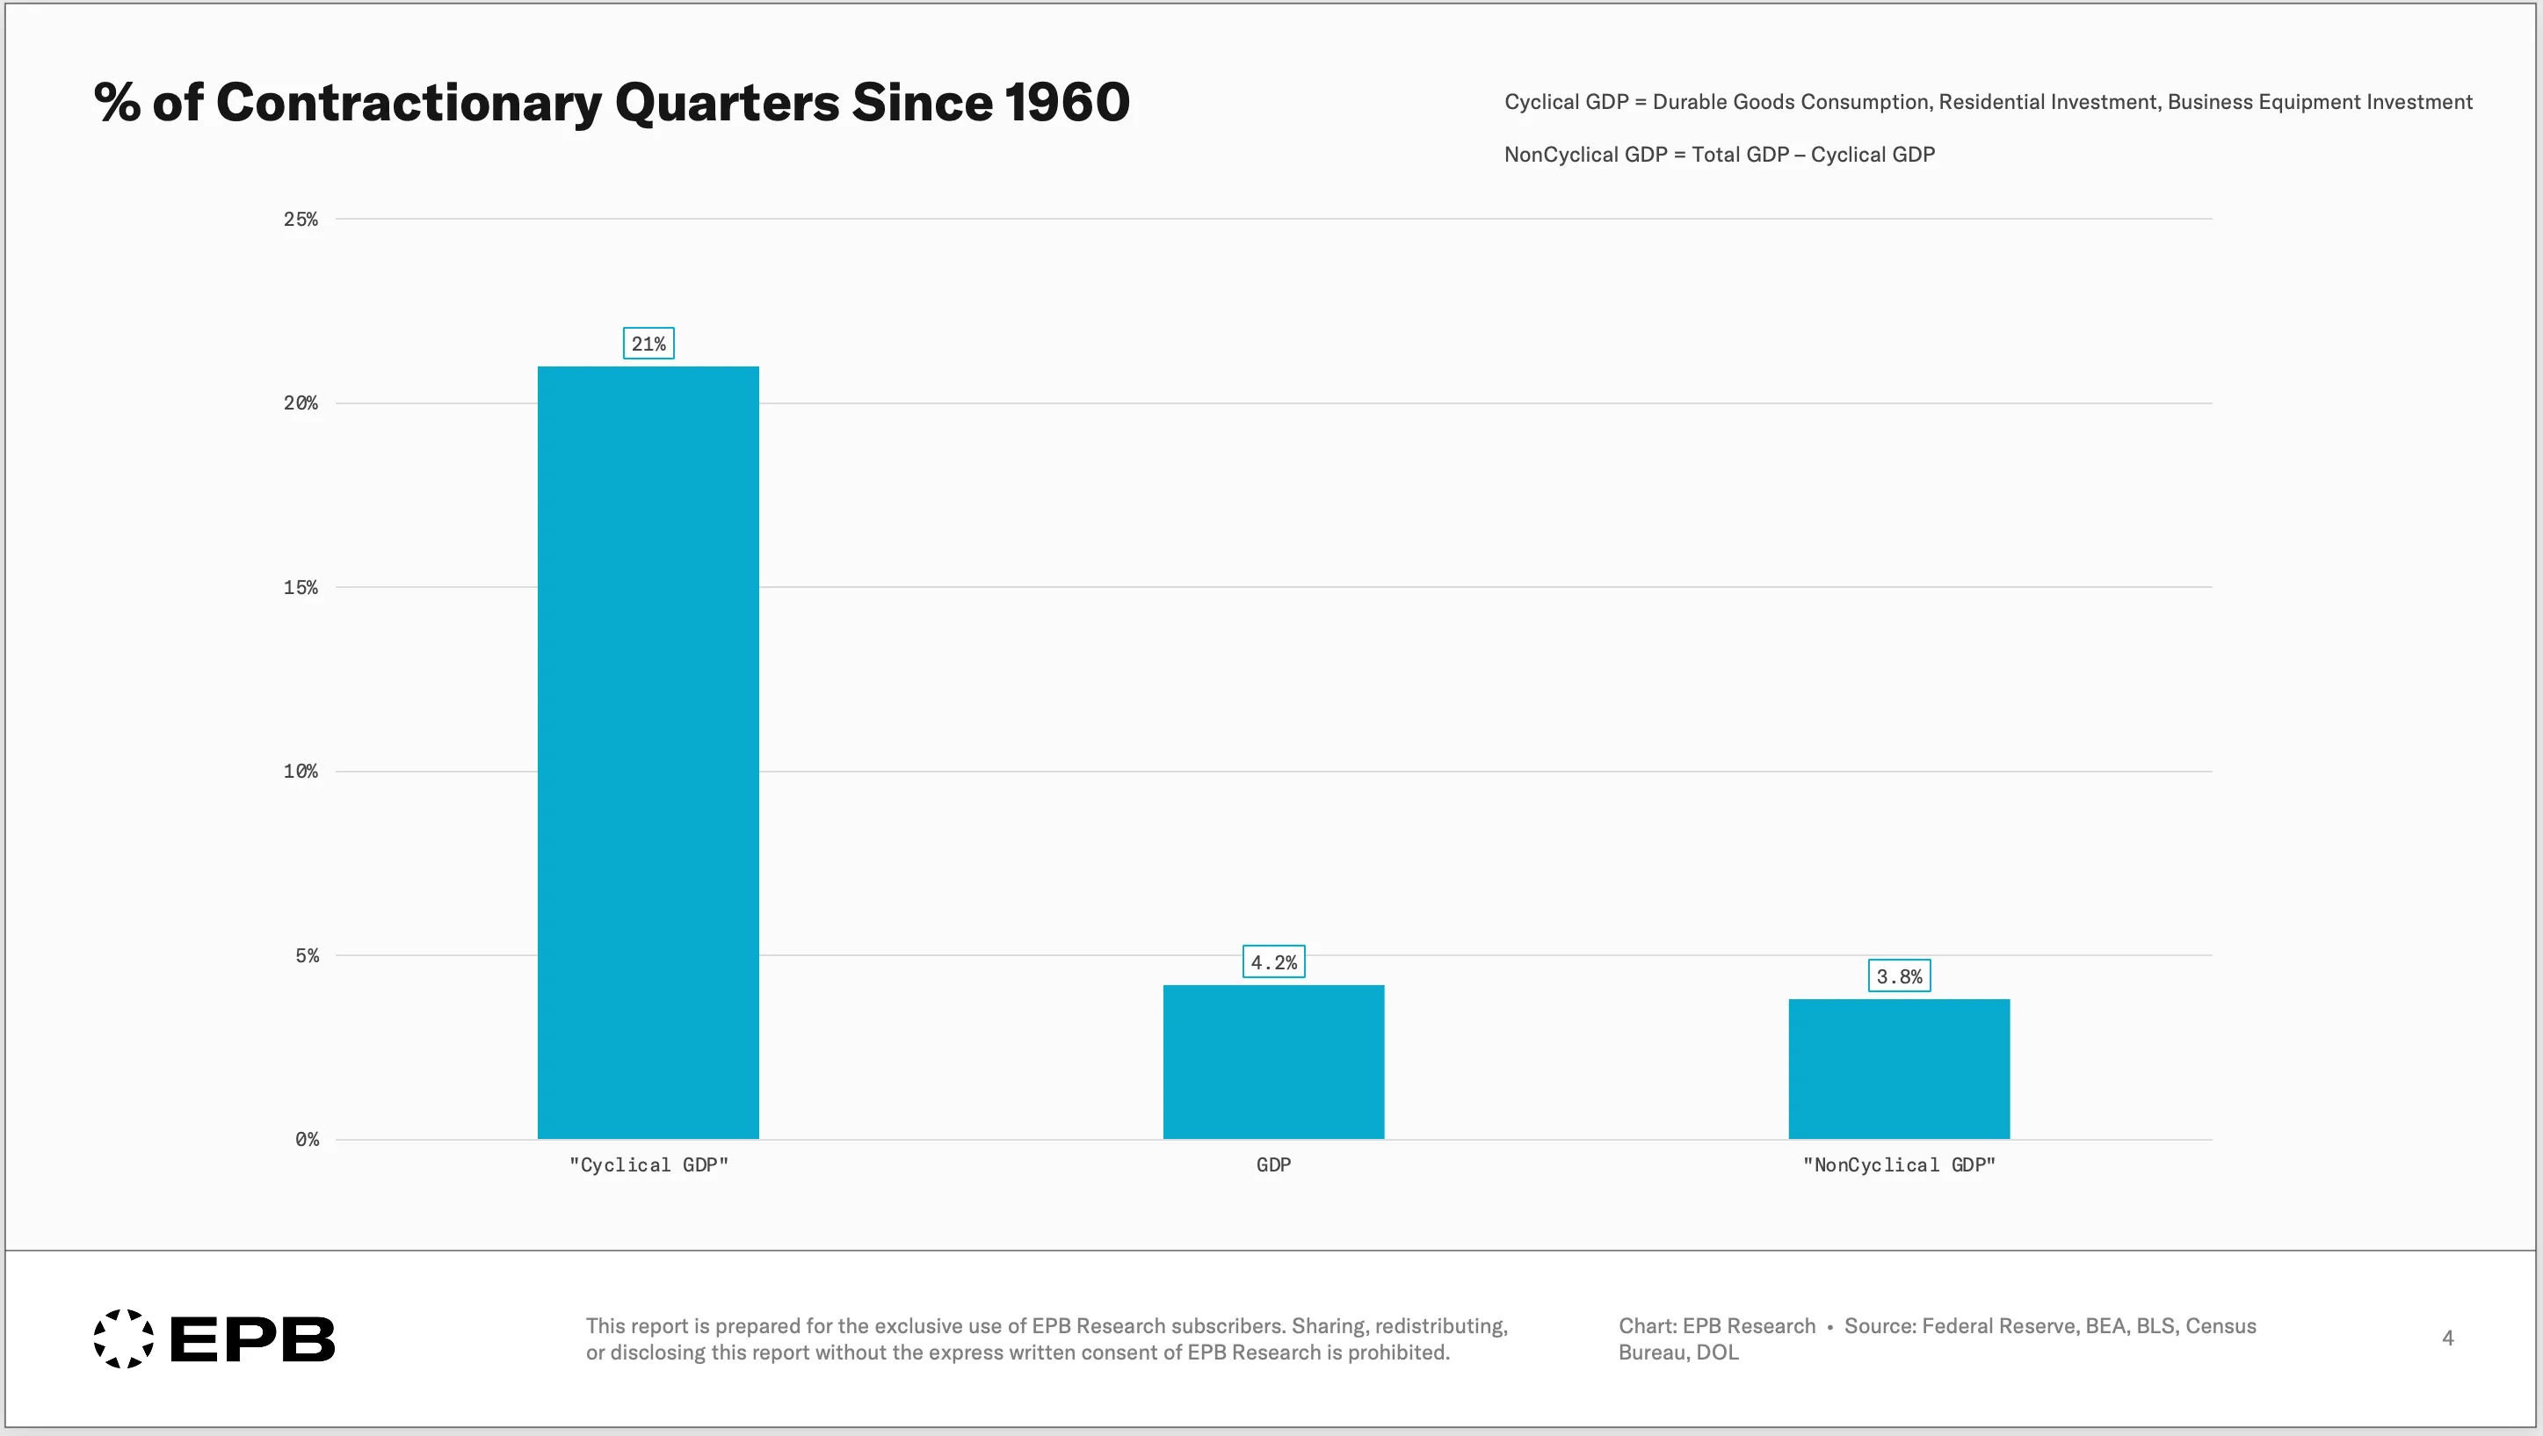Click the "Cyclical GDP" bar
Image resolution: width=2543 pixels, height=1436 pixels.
click(x=648, y=752)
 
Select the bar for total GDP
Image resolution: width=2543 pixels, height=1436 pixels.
click(x=1273, y=1062)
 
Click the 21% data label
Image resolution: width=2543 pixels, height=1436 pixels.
click(x=648, y=344)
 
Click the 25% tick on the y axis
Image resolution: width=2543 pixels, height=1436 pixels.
click(x=301, y=219)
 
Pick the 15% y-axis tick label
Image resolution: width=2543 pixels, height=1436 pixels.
click(x=301, y=588)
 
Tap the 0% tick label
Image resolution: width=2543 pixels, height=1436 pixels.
click(x=307, y=1140)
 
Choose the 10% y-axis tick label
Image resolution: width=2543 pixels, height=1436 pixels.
click(x=301, y=772)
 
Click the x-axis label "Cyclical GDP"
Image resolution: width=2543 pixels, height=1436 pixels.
click(x=648, y=1164)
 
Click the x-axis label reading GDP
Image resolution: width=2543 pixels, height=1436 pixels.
click(x=1273, y=1164)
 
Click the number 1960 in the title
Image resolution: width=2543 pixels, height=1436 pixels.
click(x=1067, y=102)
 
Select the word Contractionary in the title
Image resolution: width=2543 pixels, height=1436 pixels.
click(x=409, y=103)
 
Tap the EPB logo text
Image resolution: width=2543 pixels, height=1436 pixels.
click(x=253, y=1339)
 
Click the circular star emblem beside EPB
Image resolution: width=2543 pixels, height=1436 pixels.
click(x=123, y=1339)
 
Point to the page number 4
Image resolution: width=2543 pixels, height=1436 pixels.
click(x=2448, y=1338)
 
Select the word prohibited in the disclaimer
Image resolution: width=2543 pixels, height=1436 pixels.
click(x=1399, y=1352)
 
